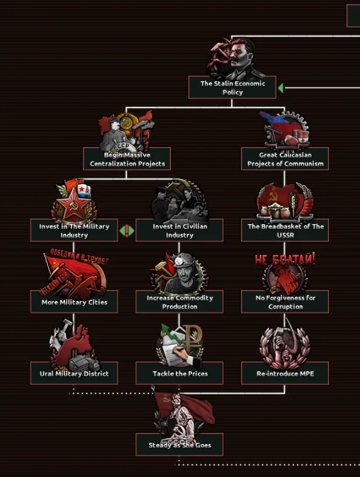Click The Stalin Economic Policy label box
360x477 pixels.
click(232, 87)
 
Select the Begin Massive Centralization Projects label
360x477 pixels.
click(127, 159)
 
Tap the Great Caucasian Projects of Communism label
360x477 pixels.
click(285, 159)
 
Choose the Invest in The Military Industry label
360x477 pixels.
click(74, 230)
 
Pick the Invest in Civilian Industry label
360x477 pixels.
click(179, 230)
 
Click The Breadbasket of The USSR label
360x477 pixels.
click(285, 230)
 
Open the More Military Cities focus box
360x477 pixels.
click(74, 302)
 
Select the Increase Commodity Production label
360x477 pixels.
click(179, 302)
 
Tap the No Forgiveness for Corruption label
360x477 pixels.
click(285, 302)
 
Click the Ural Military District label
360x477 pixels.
click(74, 373)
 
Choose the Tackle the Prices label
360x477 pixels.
click(179, 373)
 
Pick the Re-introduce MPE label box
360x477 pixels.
click(285, 373)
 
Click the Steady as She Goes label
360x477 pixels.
click(179, 445)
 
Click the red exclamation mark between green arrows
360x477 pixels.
click(127, 231)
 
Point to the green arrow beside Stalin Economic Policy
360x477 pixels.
click(281, 88)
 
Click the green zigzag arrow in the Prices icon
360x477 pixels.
click(171, 334)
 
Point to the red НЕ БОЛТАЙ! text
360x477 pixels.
click(285, 259)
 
